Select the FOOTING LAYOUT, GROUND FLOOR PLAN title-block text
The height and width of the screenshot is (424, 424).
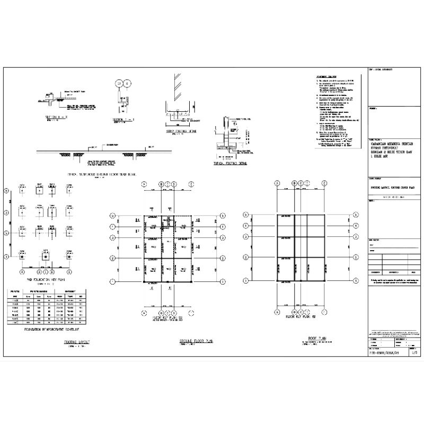point(392,187)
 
